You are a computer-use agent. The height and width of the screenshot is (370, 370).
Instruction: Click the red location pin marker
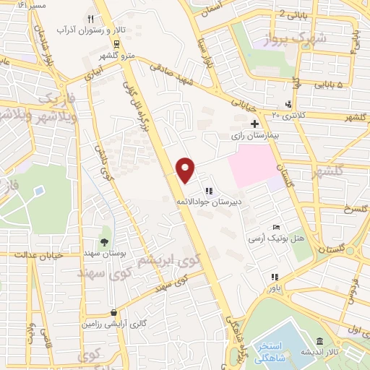(x=186, y=169)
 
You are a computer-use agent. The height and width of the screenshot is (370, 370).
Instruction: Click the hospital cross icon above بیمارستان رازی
(x=254, y=124)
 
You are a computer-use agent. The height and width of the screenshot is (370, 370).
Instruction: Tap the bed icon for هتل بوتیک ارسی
(x=274, y=227)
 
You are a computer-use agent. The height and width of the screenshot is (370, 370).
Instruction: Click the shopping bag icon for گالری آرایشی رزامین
(x=113, y=312)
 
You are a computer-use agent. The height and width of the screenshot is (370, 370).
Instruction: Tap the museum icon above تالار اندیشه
(x=319, y=341)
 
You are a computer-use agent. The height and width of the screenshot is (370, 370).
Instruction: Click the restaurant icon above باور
(x=274, y=277)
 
